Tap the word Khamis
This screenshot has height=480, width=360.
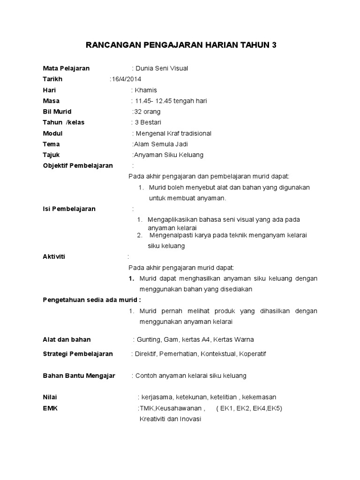146,90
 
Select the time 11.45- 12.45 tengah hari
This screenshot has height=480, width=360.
171,101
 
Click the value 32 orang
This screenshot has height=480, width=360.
147,112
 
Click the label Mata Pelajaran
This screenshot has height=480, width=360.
66,68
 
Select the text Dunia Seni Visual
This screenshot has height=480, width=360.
162,68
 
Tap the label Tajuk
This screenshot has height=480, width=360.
51,155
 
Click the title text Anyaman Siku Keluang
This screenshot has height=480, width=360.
169,155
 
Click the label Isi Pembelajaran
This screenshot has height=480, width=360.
69,209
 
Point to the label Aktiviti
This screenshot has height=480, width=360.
54,257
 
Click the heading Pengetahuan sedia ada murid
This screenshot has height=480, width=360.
91,300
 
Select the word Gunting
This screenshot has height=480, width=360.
148,339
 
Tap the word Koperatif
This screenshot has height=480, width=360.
252,354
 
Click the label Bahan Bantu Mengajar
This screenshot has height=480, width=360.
79,375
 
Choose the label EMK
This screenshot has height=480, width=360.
50,408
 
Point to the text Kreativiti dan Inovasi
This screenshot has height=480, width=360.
170,419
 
